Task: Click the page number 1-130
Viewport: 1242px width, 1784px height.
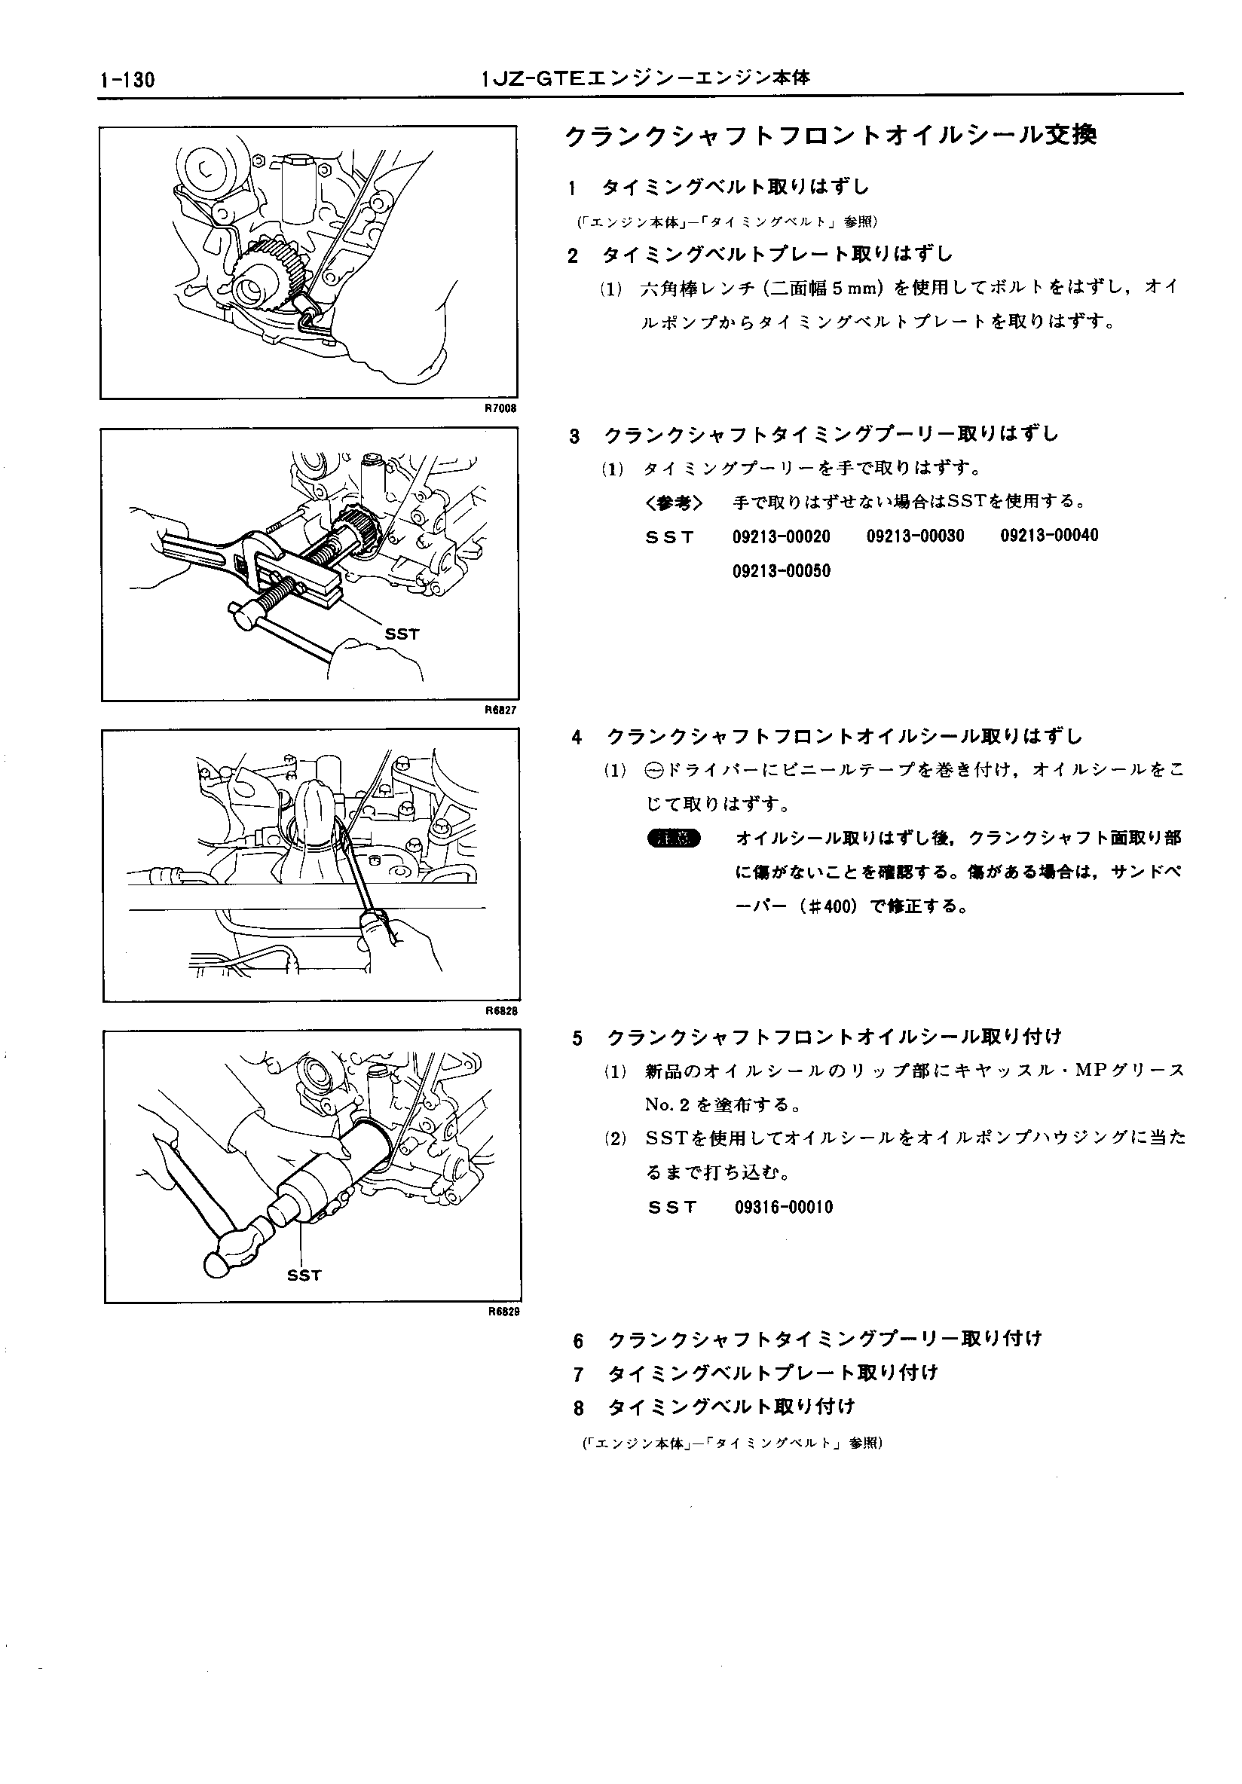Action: pyautogui.click(x=127, y=79)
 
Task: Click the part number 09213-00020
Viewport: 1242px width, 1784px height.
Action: pyautogui.click(x=780, y=536)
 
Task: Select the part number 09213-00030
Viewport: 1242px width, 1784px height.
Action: pyautogui.click(x=915, y=536)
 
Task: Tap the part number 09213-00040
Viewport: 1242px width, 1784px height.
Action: pyautogui.click(x=1048, y=536)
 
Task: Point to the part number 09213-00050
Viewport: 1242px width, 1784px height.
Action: pyautogui.click(x=780, y=571)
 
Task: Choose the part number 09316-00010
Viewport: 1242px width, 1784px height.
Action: pyautogui.click(x=783, y=1208)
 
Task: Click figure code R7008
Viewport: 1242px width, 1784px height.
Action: pyautogui.click(x=500, y=408)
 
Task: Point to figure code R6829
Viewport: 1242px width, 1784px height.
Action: pyautogui.click(x=503, y=1312)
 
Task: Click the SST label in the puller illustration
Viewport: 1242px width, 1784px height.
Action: pyautogui.click(x=402, y=634)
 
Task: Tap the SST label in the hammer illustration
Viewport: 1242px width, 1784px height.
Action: pyautogui.click(x=304, y=1275)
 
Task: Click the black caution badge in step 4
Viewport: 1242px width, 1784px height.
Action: pyautogui.click(x=673, y=839)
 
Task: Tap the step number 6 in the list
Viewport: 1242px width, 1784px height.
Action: pyautogui.click(x=578, y=1340)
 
